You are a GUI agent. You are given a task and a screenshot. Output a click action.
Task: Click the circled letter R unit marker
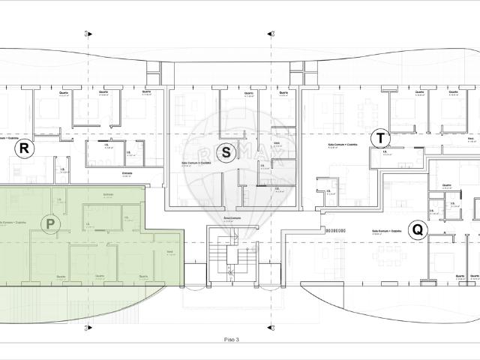24,148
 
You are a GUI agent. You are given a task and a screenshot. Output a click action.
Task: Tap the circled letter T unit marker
381,138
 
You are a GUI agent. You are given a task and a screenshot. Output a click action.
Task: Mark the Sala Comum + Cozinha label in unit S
196,163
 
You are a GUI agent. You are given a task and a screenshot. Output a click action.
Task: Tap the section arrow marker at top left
88,33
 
